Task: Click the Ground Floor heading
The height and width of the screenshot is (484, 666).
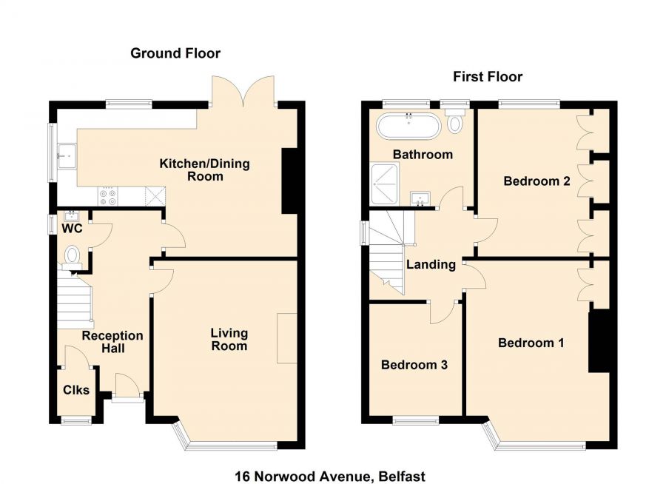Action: tap(175, 53)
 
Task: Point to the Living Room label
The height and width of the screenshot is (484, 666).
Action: tap(229, 340)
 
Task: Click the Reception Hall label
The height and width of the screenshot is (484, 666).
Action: tap(112, 342)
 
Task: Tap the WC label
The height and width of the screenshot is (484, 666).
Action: tap(72, 229)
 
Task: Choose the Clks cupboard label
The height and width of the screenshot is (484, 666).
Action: tap(75, 389)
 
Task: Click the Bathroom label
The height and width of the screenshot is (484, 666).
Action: tap(423, 155)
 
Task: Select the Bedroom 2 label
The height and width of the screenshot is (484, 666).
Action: tap(536, 181)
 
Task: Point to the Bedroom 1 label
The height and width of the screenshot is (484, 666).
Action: tap(531, 343)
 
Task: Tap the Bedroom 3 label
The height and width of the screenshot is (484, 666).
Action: tap(414, 365)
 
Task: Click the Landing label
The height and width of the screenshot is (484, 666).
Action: tap(430, 264)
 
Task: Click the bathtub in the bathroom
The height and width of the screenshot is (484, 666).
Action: tap(408, 126)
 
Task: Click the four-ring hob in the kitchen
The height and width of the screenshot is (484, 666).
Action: tap(108, 197)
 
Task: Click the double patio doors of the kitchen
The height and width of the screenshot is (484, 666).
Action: tap(243, 93)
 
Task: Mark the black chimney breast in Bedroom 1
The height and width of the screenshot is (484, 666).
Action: tap(599, 341)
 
